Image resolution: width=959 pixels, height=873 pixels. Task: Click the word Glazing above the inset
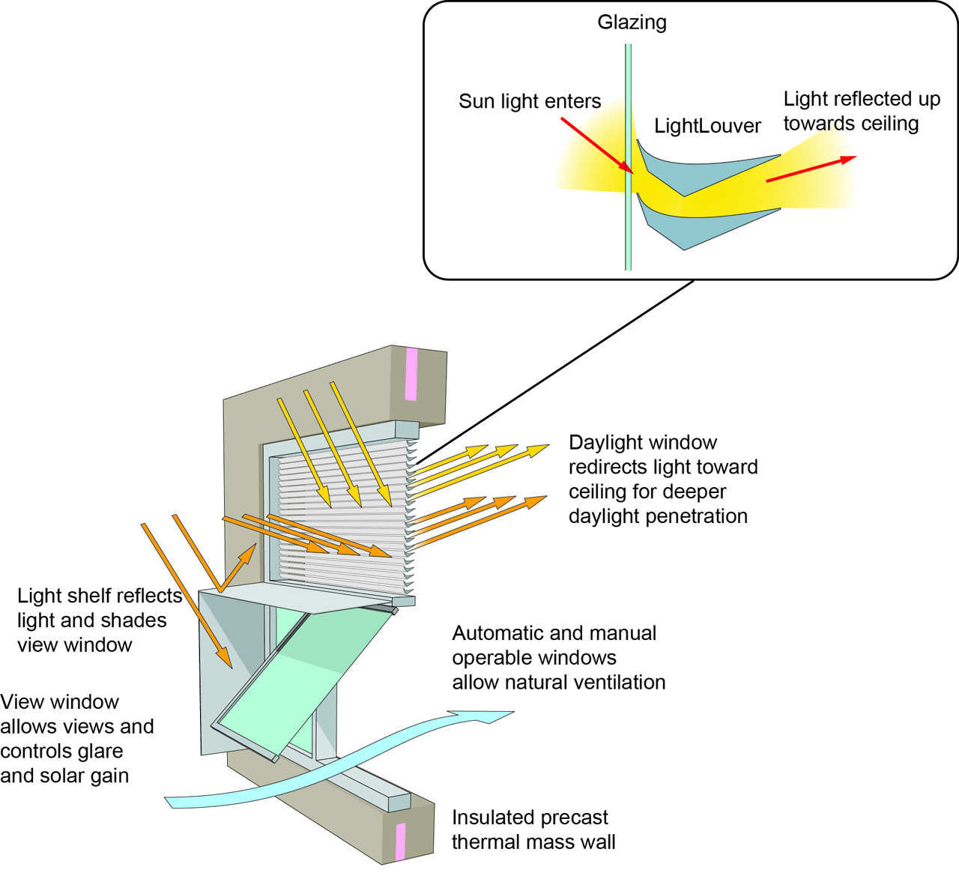click(632, 22)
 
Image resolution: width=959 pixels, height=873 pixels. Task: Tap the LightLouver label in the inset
click(707, 126)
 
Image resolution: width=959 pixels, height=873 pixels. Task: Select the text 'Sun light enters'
click(530, 101)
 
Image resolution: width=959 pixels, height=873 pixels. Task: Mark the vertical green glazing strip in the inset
click(628, 225)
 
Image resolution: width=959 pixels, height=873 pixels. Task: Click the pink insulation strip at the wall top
click(411, 374)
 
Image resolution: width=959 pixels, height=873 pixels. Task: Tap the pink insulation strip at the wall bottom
click(400, 841)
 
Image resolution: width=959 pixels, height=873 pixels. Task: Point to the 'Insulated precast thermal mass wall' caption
click(533, 830)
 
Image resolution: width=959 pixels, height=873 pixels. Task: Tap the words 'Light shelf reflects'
click(99, 596)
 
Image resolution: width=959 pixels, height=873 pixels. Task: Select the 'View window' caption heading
click(60, 702)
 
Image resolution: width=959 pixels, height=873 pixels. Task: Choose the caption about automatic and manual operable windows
click(558, 657)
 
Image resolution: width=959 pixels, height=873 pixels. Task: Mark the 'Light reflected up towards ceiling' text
click(861, 111)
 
